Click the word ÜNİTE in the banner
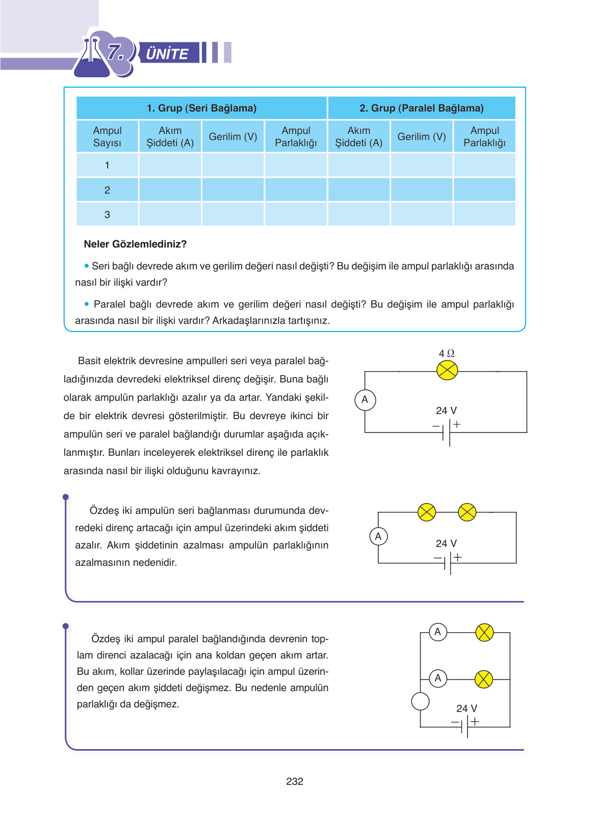tap(167, 53)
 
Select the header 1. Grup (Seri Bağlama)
tap(201, 108)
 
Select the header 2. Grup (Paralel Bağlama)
tap(421, 108)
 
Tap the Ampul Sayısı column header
tap(107, 136)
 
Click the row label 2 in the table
tap(107, 190)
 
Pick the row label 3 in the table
tap(107, 214)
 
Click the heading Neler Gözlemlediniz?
tap(135, 244)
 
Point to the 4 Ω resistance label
tap(447, 353)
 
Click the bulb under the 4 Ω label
tap(447, 370)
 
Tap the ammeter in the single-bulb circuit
tap(365, 400)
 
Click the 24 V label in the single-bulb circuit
tap(446, 410)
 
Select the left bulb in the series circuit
tap(427, 512)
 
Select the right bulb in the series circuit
tap(467, 512)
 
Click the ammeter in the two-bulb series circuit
tap(378, 536)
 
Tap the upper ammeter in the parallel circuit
tap(437, 632)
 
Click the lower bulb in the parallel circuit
tap(483, 679)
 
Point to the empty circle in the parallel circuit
tap(420, 702)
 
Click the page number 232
tap(295, 781)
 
